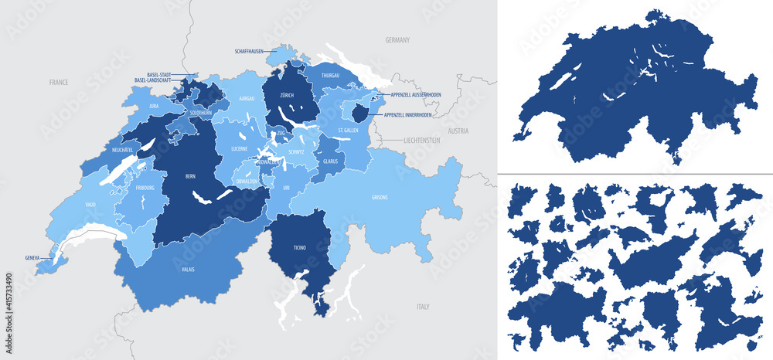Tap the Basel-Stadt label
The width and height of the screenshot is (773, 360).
tap(160, 75)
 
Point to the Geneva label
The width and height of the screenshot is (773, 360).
tap(32, 258)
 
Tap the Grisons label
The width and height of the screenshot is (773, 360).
tap(380, 197)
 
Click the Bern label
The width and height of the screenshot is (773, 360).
tap(190, 177)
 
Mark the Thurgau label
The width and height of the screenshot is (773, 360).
tap(331, 76)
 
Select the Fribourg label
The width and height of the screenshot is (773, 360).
tap(144, 188)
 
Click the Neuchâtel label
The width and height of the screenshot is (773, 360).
tap(124, 149)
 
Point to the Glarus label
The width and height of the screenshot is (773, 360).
tap(330, 161)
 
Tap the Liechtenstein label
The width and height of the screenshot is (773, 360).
tap(421, 141)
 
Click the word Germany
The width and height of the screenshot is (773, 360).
tap(397, 39)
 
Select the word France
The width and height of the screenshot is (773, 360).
tap(59, 82)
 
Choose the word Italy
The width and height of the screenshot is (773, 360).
tap(423, 307)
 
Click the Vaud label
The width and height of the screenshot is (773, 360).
tap(90, 206)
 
